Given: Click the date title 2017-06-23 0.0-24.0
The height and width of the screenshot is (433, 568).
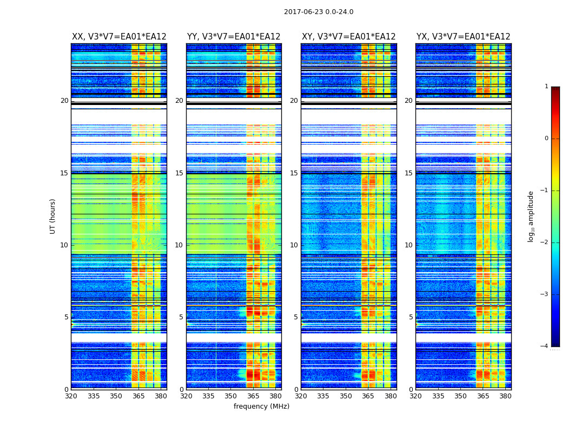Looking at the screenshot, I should pyautogui.click(x=319, y=12).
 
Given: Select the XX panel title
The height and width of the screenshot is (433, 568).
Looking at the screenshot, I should pyautogui.click(x=119, y=37).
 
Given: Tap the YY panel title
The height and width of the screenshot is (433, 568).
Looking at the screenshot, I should pyautogui.click(x=234, y=37).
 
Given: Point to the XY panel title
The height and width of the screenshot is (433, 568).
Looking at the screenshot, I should pyautogui.click(x=349, y=37).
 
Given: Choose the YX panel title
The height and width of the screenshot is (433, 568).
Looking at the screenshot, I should pyautogui.click(x=464, y=37).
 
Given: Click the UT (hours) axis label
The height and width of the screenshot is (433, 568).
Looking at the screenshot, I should pyautogui.click(x=52, y=216).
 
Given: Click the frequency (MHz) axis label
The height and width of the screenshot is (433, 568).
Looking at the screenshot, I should pyautogui.click(x=261, y=406).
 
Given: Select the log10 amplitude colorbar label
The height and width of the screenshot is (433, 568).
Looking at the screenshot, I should pyautogui.click(x=531, y=216).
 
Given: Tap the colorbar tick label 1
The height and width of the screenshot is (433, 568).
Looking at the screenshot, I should pyautogui.click(x=546, y=87).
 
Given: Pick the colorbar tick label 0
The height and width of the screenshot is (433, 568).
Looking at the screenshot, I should pyautogui.click(x=546, y=139).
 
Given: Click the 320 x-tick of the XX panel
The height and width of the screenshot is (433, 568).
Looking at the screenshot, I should pyautogui.click(x=71, y=396).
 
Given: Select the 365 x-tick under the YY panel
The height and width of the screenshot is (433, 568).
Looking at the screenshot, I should pyautogui.click(x=253, y=396).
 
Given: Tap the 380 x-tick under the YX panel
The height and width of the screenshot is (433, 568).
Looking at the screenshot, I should pyautogui.click(x=505, y=396).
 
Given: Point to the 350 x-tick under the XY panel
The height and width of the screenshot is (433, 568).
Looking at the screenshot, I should pyautogui.click(x=346, y=396).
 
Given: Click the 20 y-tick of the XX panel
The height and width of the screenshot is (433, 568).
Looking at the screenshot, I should pyautogui.click(x=64, y=101).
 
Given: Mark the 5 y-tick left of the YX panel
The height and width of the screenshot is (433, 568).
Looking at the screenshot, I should pyautogui.click(x=411, y=317).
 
